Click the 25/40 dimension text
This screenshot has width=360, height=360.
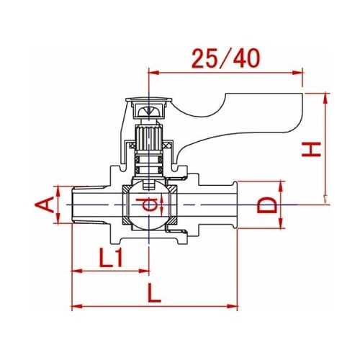pos(225,58)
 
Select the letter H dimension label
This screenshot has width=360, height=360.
pos(311,149)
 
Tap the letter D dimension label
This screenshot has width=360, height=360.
pos(267,204)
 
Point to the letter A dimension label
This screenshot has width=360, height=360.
pos(45,204)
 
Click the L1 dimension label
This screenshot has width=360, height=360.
pos(111,258)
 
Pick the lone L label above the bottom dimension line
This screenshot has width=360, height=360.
pos(154,293)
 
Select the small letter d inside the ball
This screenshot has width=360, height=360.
pos(146,204)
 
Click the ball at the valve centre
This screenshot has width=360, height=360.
pos(149,204)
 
